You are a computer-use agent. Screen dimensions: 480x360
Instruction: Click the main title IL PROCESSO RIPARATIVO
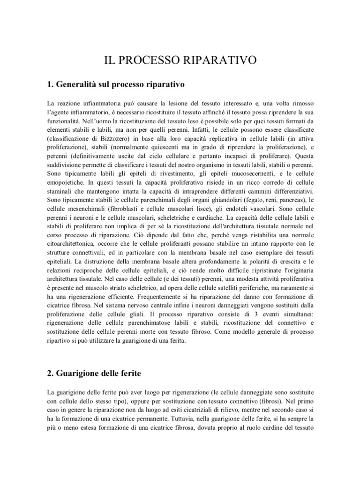click(x=180, y=60)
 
